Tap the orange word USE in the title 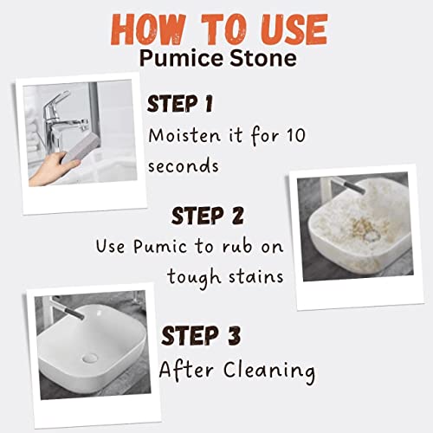(x=295, y=29)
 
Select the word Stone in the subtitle (x=263, y=58)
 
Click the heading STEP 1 (x=180, y=104)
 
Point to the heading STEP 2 (x=208, y=216)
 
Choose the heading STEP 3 (x=201, y=335)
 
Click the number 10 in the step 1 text (x=295, y=135)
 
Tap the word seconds (x=184, y=166)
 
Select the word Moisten (x=184, y=135)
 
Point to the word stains (x=256, y=277)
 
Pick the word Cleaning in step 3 (x=269, y=372)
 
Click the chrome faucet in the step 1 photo (x=58, y=121)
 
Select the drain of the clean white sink (x=90, y=359)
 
